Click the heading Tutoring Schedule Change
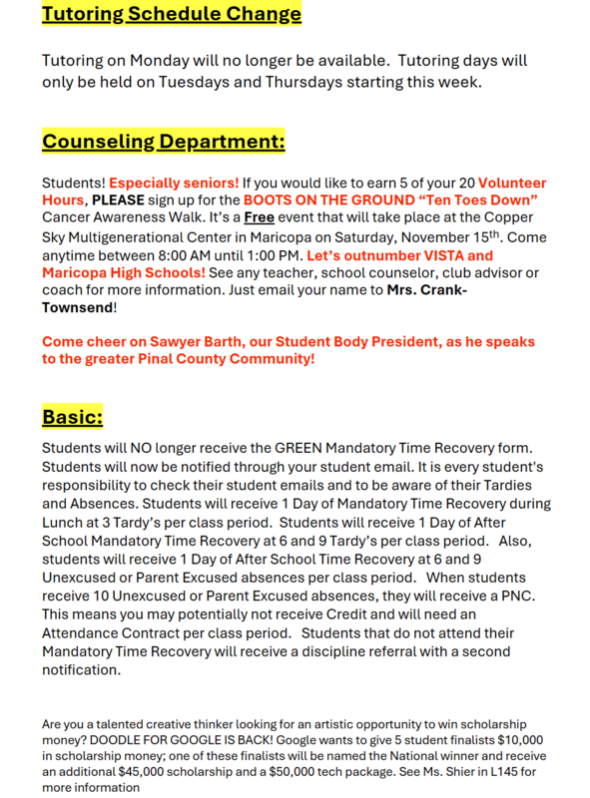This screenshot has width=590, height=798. tap(171, 14)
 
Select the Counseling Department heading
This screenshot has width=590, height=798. tap(163, 142)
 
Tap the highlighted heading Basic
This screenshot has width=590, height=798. tap(72, 415)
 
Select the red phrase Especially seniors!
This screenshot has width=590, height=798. tap(174, 185)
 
